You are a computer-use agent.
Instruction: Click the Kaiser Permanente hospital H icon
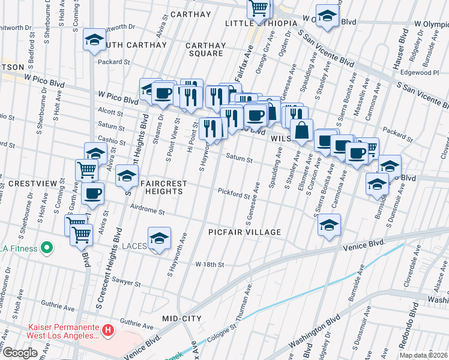pos(108,329)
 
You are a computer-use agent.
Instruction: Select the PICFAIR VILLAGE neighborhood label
pos(244,232)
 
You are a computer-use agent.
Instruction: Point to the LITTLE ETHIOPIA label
pos(261,23)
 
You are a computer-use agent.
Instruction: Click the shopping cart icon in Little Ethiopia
pos(259,8)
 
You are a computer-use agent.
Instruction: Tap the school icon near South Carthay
pos(94,40)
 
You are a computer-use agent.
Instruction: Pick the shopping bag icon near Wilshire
pos(301,130)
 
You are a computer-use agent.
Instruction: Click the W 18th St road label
pos(209,264)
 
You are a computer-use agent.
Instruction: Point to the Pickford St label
pos(234,194)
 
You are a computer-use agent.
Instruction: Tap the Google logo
pos(20,353)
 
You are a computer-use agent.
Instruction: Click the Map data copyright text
pos(424,355)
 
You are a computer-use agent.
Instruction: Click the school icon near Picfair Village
pos(329,225)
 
